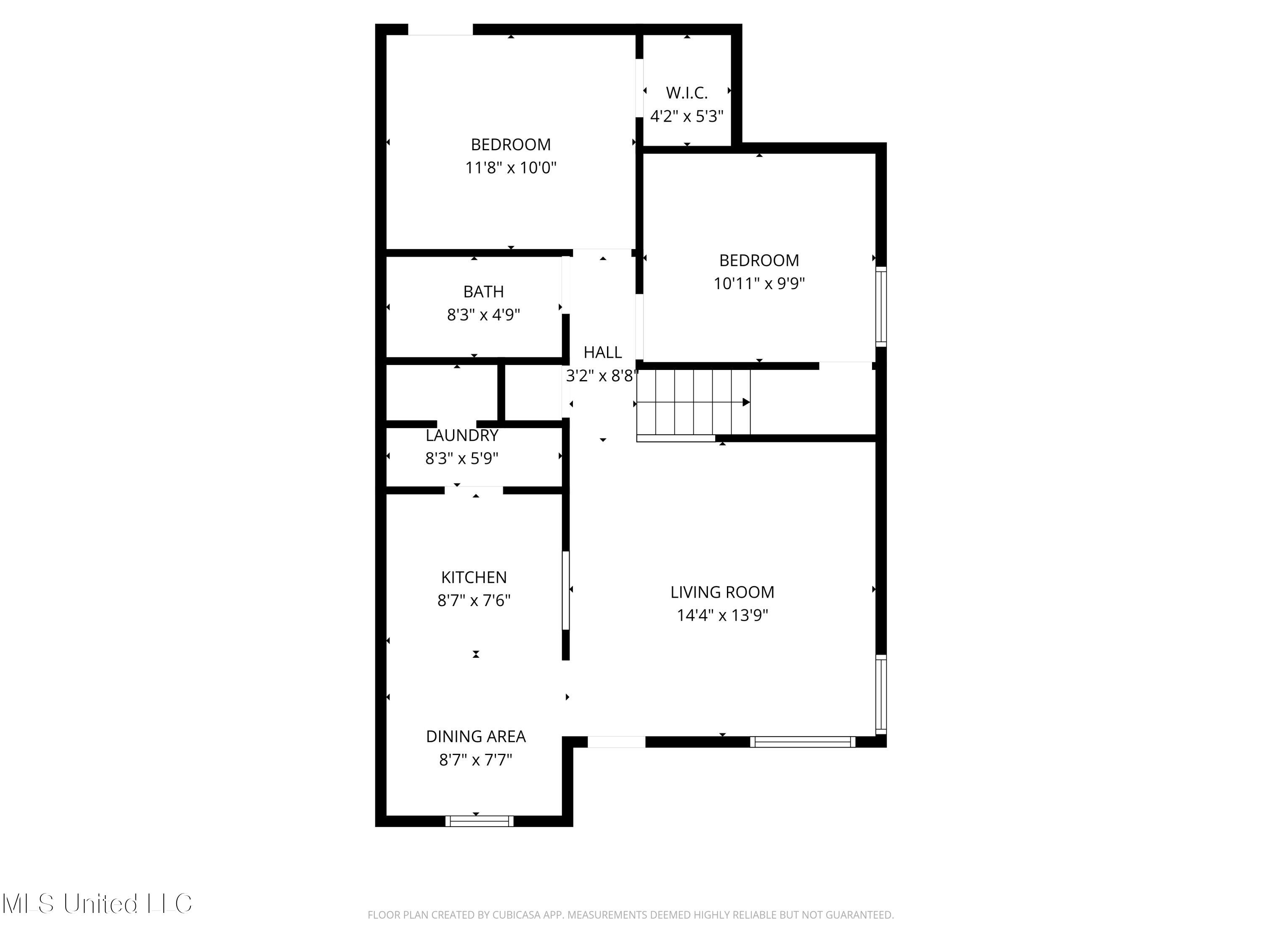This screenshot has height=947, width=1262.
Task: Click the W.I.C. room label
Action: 687,93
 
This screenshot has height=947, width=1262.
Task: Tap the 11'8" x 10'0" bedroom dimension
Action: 511,168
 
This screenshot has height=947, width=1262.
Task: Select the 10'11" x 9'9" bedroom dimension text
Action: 759,284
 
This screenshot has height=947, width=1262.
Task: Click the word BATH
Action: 483,292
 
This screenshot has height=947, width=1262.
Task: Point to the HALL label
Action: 602,352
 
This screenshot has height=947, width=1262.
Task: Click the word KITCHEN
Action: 474,577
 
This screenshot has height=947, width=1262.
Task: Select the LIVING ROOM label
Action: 722,592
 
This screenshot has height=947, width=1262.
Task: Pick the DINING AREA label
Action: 476,737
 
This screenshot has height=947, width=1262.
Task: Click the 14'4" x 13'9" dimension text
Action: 722,615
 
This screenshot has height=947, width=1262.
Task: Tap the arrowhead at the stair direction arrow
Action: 746,402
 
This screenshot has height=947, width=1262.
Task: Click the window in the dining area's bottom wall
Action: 479,821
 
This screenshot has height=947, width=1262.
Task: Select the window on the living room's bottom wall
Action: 802,742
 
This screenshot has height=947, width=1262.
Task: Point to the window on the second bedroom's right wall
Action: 881,306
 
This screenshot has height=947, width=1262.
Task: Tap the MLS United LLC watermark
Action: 97,904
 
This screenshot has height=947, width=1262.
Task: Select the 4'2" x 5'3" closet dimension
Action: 687,117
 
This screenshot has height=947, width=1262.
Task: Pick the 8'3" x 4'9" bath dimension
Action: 483,315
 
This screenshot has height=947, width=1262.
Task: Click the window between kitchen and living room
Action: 566,590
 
